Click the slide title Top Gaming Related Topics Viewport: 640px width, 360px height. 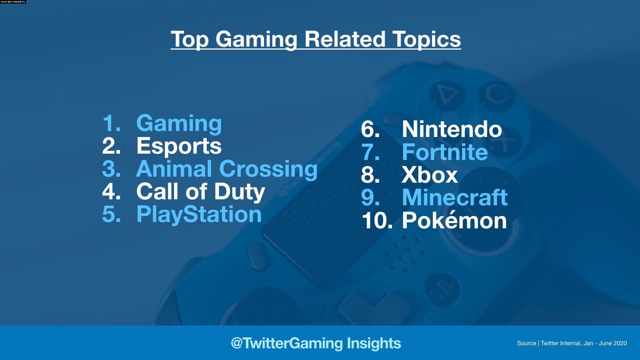316,39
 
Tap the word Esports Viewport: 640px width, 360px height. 179,146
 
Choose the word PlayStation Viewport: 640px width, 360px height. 199,214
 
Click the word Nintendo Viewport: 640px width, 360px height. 452,129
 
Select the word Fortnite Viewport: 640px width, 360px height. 445,152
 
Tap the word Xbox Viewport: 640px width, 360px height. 430,175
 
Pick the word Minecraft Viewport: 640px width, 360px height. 455,197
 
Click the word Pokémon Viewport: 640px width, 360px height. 454,220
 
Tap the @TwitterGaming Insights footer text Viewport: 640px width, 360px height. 316,343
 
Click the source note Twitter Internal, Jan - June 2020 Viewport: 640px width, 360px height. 584,343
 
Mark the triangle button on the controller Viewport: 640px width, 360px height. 446,95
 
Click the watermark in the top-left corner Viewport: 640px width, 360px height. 13,2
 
